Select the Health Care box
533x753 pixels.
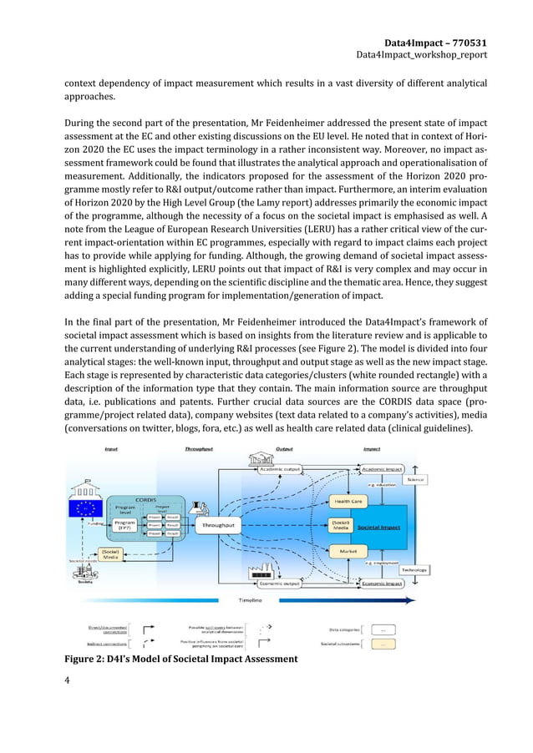click(349, 501)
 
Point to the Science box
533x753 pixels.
click(415, 479)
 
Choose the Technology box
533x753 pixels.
click(415, 570)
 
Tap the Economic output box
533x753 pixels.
click(280, 584)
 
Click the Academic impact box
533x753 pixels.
click(382, 469)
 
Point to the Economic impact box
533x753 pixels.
click(382, 584)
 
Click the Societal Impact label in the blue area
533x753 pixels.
click(378, 528)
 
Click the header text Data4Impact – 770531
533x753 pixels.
click(436, 42)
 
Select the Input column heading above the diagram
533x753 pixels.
click(111, 448)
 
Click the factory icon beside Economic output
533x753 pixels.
click(263, 571)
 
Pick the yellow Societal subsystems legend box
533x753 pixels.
click(382, 644)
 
